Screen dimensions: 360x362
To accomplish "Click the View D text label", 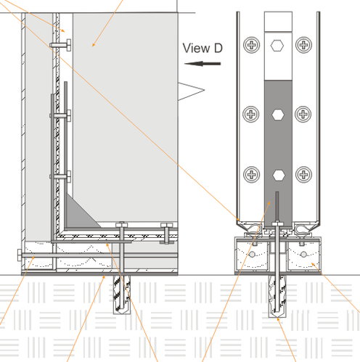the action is pyautogui.click(x=202, y=48).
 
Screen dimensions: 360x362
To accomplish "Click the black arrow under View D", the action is pyautogui.click(x=202, y=64).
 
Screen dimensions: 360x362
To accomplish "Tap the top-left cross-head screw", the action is pyautogui.click(x=252, y=45).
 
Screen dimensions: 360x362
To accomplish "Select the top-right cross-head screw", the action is pyautogui.click(x=303, y=45).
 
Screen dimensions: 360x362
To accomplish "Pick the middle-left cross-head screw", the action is pyautogui.click(x=251, y=114).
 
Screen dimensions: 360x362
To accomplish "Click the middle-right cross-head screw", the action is pyautogui.click(x=303, y=114).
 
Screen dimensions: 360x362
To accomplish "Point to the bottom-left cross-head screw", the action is pyautogui.click(x=252, y=174).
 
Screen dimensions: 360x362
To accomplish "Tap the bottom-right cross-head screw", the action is pyautogui.click(x=303, y=174).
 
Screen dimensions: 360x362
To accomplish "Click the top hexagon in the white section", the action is pyautogui.click(x=277, y=46).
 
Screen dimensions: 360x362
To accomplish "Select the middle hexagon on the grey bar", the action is pyautogui.click(x=278, y=115).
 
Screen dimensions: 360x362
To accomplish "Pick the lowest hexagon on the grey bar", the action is pyautogui.click(x=279, y=175).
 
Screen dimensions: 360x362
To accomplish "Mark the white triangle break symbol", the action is pyautogui.click(x=191, y=91).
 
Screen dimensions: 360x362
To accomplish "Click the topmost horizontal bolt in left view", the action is pyautogui.click(x=60, y=45).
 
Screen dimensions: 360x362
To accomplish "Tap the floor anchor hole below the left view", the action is pyautogui.click(x=122, y=295).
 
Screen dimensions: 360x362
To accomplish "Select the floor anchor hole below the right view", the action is pyautogui.click(x=277, y=296).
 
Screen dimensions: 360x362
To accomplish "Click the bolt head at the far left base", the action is pyautogui.click(x=20, y=255).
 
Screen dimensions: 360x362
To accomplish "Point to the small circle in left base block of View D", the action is pyautogui.click(x=252, y=255).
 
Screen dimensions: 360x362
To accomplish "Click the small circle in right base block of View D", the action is pyautogui.click(x=303, y=255).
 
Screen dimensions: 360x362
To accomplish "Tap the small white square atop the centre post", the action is pyautogui.click(x=278, y=22).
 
